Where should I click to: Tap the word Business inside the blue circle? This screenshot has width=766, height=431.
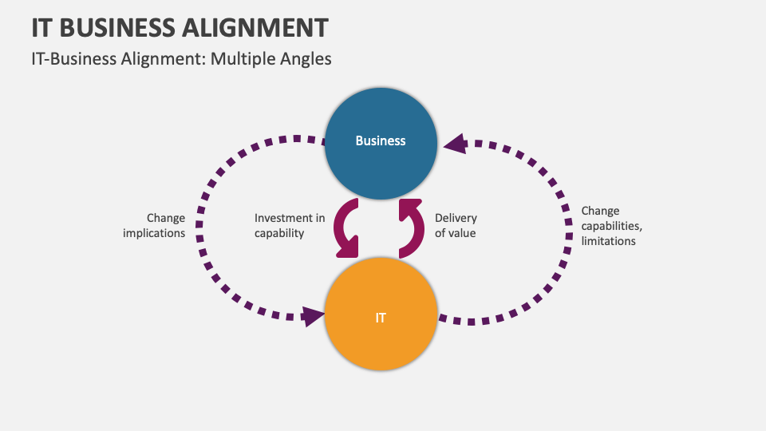tap(381, 141)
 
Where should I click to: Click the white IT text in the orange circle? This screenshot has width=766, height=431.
tap(381, 318)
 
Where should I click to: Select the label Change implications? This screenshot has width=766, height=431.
tap(155, 225)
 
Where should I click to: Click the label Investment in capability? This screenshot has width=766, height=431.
tap(290, 225)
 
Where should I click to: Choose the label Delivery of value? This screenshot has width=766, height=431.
tap(456, 225)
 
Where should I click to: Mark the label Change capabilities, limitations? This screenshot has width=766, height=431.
tap(608, 226)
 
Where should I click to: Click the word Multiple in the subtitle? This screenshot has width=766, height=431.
tap(243, 59)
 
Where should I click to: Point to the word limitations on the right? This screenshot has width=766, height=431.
tap(608, 240)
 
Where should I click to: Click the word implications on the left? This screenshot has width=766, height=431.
tap(155, 233)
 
